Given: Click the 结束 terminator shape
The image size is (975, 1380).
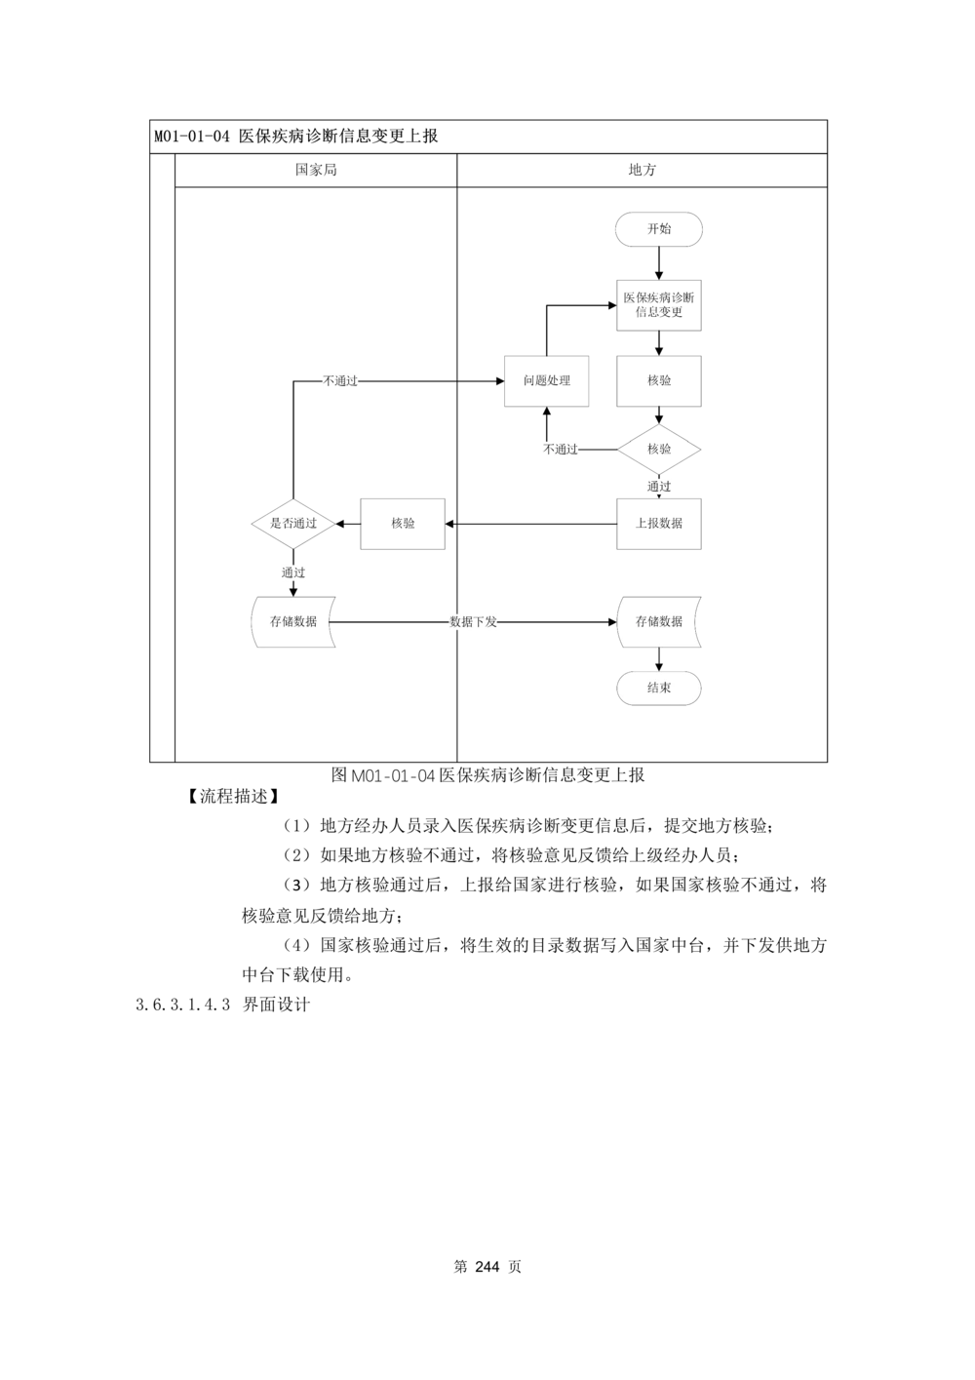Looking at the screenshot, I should (x=658, y=689).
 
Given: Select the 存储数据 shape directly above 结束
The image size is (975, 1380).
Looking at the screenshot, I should (x=658, y=621).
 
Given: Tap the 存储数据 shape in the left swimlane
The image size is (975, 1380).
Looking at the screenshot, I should (x=293, y=621).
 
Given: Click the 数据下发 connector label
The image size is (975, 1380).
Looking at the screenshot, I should (x=473, y=621).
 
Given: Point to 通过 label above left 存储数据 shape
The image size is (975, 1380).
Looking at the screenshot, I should (x=293, y=572).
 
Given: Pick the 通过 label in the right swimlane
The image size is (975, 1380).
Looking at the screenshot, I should (x=659, y=486).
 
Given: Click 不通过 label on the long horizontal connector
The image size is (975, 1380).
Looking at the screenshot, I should (x=339, y=380).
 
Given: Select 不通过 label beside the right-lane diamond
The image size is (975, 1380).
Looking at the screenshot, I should (x=561, y=450).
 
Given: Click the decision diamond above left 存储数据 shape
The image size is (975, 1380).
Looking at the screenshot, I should (x=293, y=524).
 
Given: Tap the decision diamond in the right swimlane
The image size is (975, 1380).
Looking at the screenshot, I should (x=659, y=449).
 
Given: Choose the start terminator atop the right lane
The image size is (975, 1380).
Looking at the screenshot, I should (x=659, y=230).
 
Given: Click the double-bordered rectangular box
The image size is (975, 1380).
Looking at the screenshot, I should (x=546, y=380).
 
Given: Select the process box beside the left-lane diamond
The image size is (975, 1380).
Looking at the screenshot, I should (x=402, y=525).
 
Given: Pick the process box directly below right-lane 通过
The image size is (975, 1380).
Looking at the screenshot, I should (x=659, y=525).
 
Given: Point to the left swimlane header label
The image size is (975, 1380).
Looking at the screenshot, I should (x=315, y=171).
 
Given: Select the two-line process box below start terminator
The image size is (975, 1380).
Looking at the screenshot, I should (x=659, y=303).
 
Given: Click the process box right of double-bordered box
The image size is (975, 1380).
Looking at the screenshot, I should (x=659, y=380).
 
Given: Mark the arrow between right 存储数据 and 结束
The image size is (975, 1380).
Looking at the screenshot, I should (x=659, y=660).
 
